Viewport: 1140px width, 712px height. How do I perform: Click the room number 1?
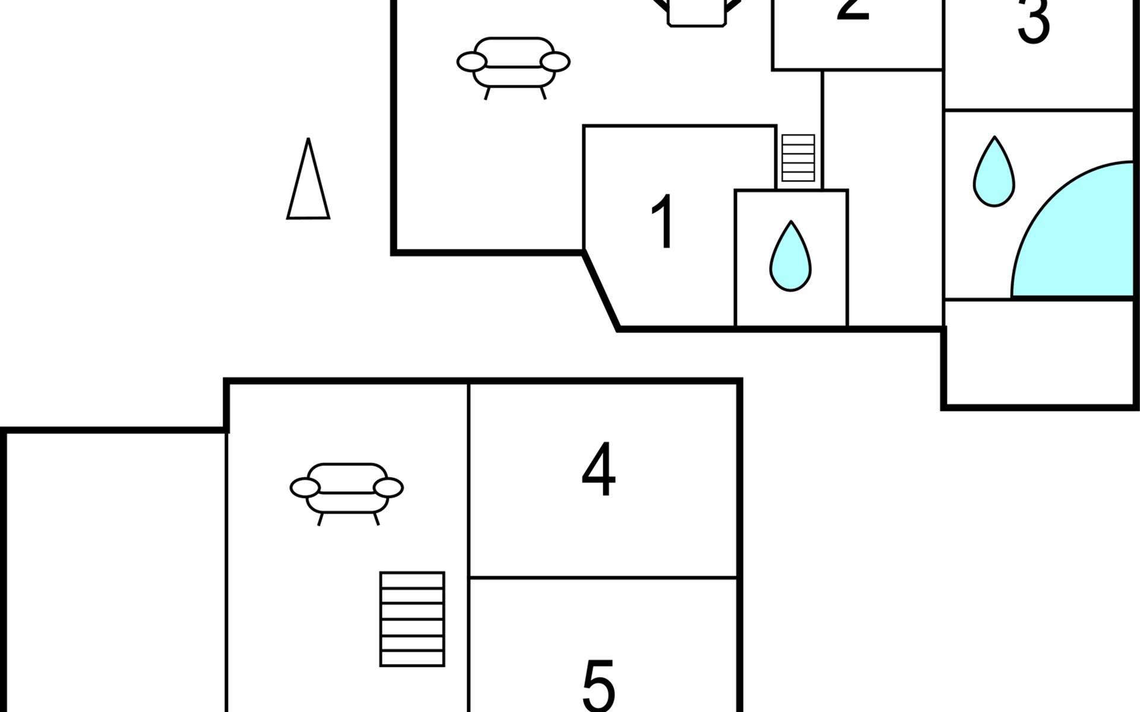click(663, 221)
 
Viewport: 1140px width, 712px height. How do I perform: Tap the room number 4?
click(598, 469)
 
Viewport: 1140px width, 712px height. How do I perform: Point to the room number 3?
click(1034, 23)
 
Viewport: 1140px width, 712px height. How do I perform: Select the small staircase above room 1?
click(798, 158)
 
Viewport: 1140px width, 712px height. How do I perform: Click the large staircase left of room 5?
click(412, 619)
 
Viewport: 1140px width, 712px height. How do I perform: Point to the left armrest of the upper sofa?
click(472, 62)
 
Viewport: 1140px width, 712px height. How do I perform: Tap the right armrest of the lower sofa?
click(389, 488)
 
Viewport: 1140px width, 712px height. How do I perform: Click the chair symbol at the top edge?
click(696, 12)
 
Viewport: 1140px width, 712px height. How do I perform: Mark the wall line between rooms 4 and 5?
click(603, 577)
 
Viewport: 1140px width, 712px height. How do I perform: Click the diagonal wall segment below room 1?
click(601, 290)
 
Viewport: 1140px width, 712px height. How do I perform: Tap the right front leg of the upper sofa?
click(543, 93)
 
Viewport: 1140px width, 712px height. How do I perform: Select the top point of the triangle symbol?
click(308, 140)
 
